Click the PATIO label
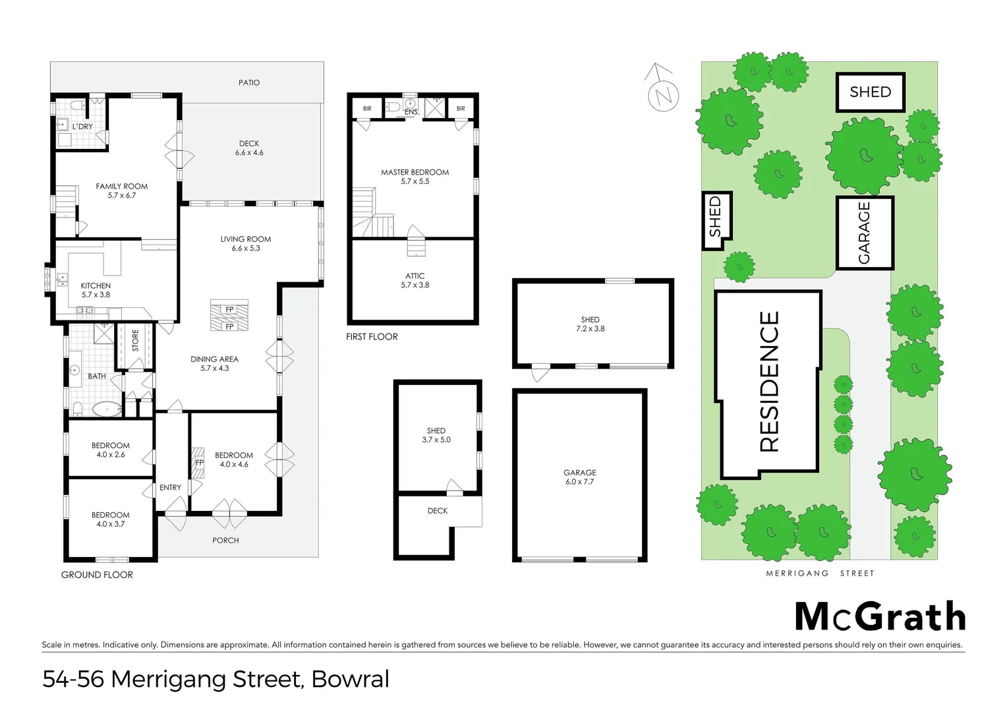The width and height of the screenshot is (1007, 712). [x=248, y=82]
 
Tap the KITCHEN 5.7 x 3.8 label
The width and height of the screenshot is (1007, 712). [x=96, y=290]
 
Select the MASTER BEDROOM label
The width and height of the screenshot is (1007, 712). [x=415, y=177]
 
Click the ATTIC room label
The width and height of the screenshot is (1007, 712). [x=415, y=280]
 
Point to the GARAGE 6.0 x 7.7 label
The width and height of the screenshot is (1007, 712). [x=579, y=477]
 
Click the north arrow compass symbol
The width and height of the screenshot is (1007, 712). [x=662, y=92]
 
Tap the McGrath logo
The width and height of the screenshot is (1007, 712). [x=880, y=617]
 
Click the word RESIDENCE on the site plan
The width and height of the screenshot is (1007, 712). [x=769, y=382]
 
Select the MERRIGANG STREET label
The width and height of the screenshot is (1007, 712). [x=820, y=574]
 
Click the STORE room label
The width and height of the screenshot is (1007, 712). [x=135, y=340]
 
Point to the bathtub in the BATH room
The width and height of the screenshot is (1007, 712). [x=106, y=409]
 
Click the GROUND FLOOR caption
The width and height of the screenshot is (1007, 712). [x=97, y=575]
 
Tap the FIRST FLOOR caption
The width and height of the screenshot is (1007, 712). [x=372, y=336]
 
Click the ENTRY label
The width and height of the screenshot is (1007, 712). [x=170, y=487]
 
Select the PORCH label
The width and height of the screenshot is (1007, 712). [x=225, y=540]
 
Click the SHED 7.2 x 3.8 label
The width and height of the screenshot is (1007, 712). [x=590, y=324]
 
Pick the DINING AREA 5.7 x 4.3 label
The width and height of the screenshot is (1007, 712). [x=214, y=363]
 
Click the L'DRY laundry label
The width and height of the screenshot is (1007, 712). [x=82, y=126]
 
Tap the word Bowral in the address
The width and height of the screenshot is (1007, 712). [x=350, y=679]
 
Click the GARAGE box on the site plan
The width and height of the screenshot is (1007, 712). [x=864, y=233]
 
